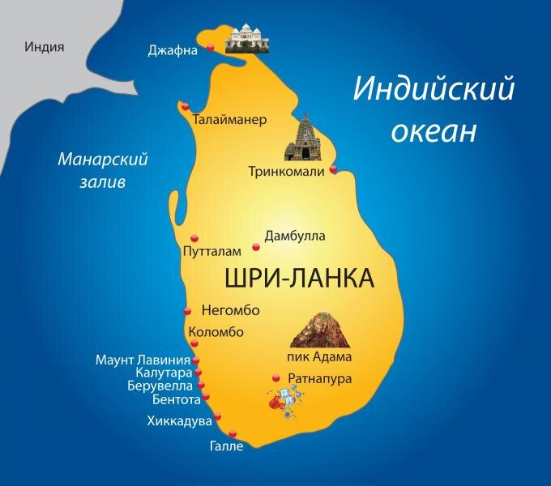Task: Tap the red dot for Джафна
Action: pyautogui.click(x=210, y=48)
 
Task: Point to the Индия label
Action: pyautogui.click(x=45, y=47)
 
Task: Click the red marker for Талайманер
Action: pyautogui.click(x=186, y=106)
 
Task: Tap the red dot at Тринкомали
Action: pyautogui.click(x=333, y=170)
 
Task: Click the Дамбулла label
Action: pyautogui.click(x=295, y=236)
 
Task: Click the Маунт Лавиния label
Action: pyautogui.click(x=143, y=360)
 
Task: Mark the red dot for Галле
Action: pyautogui.click(x=233, y=433)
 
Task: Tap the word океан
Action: pyautogui.click(x=433, y=130)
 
